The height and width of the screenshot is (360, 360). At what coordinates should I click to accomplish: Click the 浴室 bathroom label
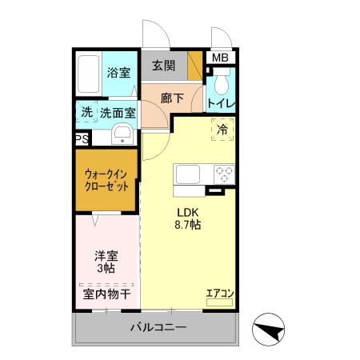(x=119, y=70)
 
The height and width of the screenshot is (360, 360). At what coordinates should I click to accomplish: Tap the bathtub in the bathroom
(x=90, y=74)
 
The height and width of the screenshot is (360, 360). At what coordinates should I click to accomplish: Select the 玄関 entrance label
(x=164, y=66)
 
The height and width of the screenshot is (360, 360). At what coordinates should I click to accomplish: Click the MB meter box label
(x=219, y=58)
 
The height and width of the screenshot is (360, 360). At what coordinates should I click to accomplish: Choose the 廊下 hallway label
(x=170, y=98)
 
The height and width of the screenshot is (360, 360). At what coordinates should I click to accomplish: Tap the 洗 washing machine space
(x=86, y=112)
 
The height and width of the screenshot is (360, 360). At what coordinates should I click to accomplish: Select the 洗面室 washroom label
(x=118, y=113)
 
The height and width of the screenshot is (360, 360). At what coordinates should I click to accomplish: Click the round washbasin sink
(x=122, y=134)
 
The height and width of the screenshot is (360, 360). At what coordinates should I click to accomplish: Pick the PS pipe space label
(x=82, y=139)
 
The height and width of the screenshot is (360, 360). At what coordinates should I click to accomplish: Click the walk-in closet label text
(x=107, y=179)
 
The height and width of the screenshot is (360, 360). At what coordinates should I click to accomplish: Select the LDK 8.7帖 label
(x=189, y=218)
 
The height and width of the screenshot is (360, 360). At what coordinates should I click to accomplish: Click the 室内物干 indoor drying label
(x=108, y=294)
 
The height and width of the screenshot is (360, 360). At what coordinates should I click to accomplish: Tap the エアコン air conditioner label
(x=218, y=294)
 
